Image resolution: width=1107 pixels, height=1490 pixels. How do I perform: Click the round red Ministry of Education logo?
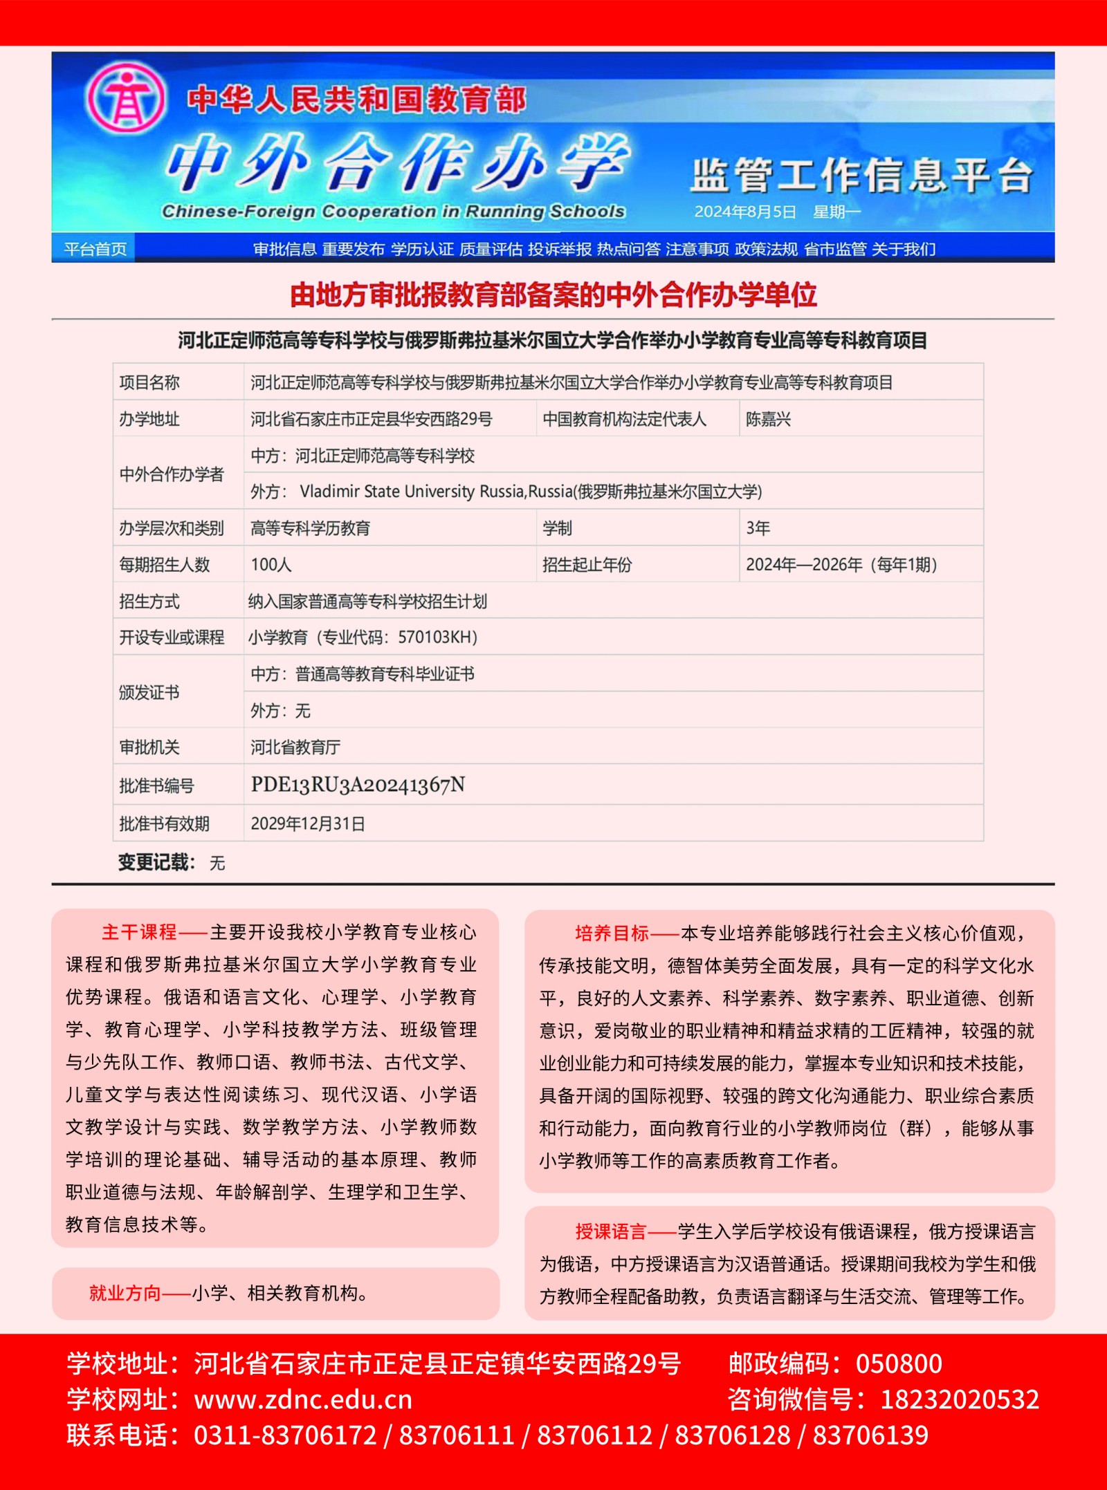point(125,97)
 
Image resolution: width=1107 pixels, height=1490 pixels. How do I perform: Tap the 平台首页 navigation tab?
point(95,249)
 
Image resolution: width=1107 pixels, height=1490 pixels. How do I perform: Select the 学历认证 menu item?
point(422,249)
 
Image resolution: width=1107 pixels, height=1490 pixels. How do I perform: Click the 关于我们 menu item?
point(904,249)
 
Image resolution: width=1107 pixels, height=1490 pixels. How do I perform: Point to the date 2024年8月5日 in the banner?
point(745,212)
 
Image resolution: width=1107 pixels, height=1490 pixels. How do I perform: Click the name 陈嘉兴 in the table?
point(768,419)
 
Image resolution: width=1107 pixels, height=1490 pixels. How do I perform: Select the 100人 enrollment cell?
point(271,565)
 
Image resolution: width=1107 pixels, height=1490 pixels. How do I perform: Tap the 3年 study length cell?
point(758,528)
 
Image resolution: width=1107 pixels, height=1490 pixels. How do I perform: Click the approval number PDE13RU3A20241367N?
point(358,785)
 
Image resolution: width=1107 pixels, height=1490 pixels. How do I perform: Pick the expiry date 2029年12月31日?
point(308,823)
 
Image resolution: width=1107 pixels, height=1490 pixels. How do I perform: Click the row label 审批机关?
point(149,747)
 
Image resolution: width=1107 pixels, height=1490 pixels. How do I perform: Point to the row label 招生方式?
point(149,602)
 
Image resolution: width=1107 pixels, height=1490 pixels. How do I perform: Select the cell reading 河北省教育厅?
point(295,747)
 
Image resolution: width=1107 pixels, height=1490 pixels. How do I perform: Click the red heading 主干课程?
point(139,932)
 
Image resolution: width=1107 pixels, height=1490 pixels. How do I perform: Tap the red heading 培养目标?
point(612,933)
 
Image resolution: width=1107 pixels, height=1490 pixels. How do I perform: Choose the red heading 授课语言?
point(611,1231)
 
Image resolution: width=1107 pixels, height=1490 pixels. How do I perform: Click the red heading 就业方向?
point(125,1293)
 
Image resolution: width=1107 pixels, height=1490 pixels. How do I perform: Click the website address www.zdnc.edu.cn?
point(303,1399)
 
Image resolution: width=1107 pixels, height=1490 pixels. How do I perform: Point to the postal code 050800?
point(899,1363)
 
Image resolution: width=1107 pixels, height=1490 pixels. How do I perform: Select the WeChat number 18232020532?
point(960,1399)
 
